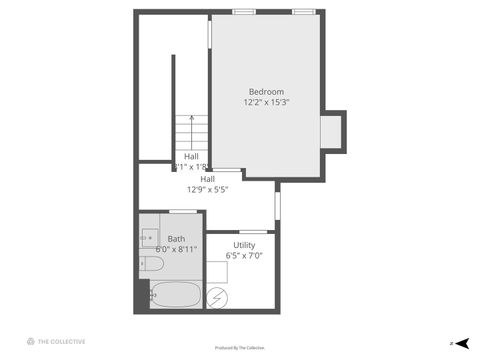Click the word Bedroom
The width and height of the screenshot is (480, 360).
point(266,92)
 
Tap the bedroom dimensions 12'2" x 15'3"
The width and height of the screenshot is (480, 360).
point(266,102)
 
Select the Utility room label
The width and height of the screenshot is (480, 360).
point(244,245)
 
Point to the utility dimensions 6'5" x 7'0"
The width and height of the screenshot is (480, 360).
point(244,255)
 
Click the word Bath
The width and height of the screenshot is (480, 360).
point(176,238)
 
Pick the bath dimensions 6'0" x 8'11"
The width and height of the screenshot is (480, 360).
point(176,248)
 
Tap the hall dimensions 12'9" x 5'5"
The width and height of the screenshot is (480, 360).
point(208,189)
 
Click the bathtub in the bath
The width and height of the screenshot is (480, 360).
point(176,295)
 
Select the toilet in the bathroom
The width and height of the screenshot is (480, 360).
point(151,264)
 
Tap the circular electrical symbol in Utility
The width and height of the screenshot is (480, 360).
point(216,297)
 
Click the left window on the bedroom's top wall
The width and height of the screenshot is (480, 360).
point(243,11)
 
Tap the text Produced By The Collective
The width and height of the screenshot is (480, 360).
point(240,348)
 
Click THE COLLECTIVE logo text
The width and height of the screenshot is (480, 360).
point(62,341)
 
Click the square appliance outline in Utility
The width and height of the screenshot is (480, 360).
point(217,271)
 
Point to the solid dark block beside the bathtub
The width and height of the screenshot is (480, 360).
point(141,294)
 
